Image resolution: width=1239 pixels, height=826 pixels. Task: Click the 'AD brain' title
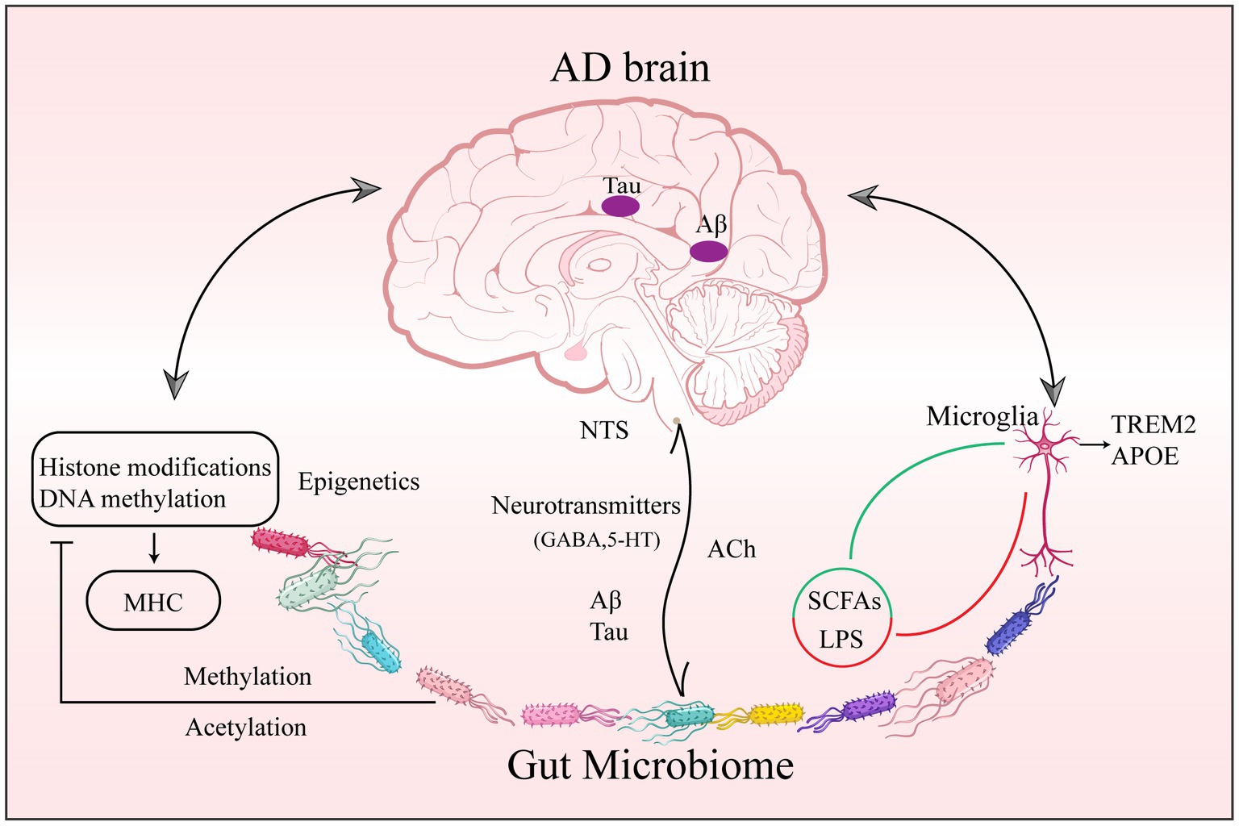tap(630, 68)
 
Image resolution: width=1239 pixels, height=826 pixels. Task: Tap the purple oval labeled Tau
tap(620, 206)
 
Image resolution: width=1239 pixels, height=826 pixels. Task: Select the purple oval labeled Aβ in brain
tap(709, 252)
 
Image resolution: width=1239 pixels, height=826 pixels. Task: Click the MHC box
tap(153, 601)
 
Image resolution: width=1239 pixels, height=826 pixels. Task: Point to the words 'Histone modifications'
tap(155, 467)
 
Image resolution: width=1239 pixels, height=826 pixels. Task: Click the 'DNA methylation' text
tap(132, 499)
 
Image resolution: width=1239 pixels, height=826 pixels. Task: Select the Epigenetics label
tap(359, 482)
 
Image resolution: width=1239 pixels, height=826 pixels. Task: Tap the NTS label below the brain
tap(604, 431)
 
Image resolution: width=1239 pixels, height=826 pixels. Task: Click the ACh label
tap(732, 549)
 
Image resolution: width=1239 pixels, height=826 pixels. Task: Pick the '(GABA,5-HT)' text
tap(597, 540)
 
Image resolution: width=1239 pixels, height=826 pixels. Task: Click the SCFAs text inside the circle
tap(844, 602)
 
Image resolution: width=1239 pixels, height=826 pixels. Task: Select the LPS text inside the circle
tap(841, 640)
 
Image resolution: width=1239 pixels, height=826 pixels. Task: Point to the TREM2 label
tap(1153, 424)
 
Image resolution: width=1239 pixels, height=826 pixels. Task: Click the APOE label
tap(1145, 456)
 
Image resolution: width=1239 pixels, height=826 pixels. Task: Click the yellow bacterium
tap(776, 714)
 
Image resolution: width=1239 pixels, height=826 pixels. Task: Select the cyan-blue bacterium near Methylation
tap(380, 652)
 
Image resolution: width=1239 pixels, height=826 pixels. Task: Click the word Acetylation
tap(246, 728)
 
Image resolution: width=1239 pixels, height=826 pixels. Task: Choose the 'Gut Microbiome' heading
tap(650, 765)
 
